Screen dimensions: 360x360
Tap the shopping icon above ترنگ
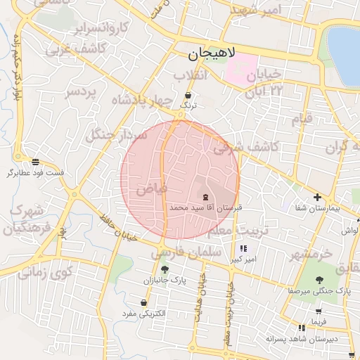[x=187, y=95]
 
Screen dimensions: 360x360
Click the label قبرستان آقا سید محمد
[x=206, y=208]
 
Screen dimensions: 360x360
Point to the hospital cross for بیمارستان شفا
[x=317, y=198]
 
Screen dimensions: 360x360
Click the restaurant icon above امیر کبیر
[x=243, y=249]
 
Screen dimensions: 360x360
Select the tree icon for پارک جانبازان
[x=165, y=269]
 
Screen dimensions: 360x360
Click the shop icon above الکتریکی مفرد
[x=144, y=303]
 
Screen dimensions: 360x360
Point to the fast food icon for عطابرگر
[x=35, y=162]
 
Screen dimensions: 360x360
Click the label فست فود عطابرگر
[x=35, y=172]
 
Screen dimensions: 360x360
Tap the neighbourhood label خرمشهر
[x=319, y=254]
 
